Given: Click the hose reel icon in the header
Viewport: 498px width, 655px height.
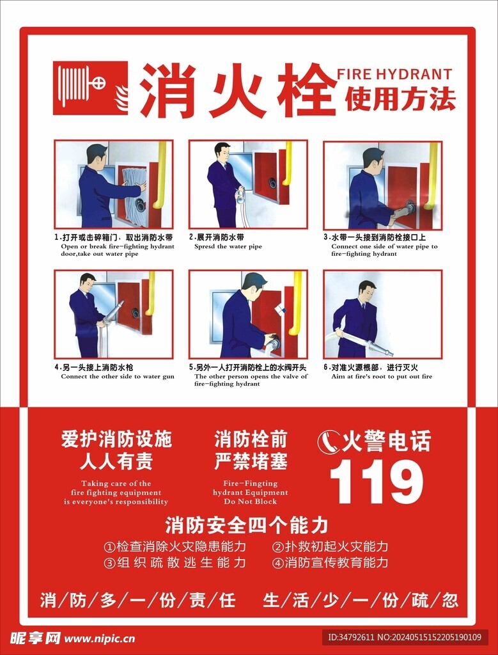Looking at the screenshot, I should (89, 88).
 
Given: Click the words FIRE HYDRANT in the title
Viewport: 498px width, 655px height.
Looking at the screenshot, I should (394, 74).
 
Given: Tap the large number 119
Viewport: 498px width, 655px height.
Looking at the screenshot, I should (376, 482).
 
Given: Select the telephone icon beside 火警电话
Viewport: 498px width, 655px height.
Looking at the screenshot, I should (329, 442).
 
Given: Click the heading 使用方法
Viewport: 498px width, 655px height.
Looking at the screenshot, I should (400, 99).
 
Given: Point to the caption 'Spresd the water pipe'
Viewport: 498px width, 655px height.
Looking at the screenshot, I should (228, 246).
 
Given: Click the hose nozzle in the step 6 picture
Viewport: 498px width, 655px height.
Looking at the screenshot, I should (383, 349).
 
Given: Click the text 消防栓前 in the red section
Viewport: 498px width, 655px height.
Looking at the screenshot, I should (251, 439).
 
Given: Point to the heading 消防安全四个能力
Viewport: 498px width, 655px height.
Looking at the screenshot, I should (247, 525).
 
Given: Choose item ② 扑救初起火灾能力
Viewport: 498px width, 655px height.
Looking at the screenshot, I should (330, 547).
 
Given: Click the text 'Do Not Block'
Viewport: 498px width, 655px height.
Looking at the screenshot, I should (251, 501).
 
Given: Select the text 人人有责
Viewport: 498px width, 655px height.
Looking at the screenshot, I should (116, 461).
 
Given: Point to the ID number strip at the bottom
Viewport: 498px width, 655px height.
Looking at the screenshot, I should (404, 637).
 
